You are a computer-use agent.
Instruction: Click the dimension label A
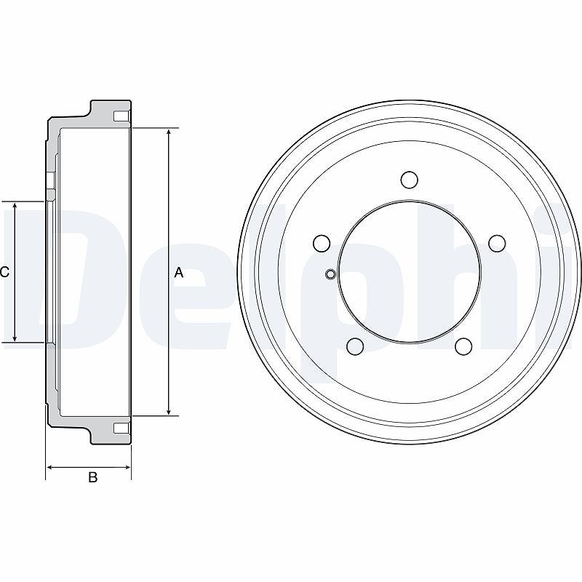coord(179,273)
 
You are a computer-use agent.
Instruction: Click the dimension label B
coord(93,477)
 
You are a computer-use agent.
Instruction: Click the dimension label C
coord(4,272)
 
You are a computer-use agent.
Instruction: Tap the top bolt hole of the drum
coord(410,180)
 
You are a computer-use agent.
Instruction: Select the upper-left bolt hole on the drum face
coord(322,244)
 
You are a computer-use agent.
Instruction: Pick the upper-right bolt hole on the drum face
coord(497,243)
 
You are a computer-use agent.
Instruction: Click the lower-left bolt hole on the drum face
coord(355,346)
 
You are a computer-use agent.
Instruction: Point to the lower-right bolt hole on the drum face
coord(463,346)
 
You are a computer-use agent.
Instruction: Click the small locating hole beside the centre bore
coord(330,274)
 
